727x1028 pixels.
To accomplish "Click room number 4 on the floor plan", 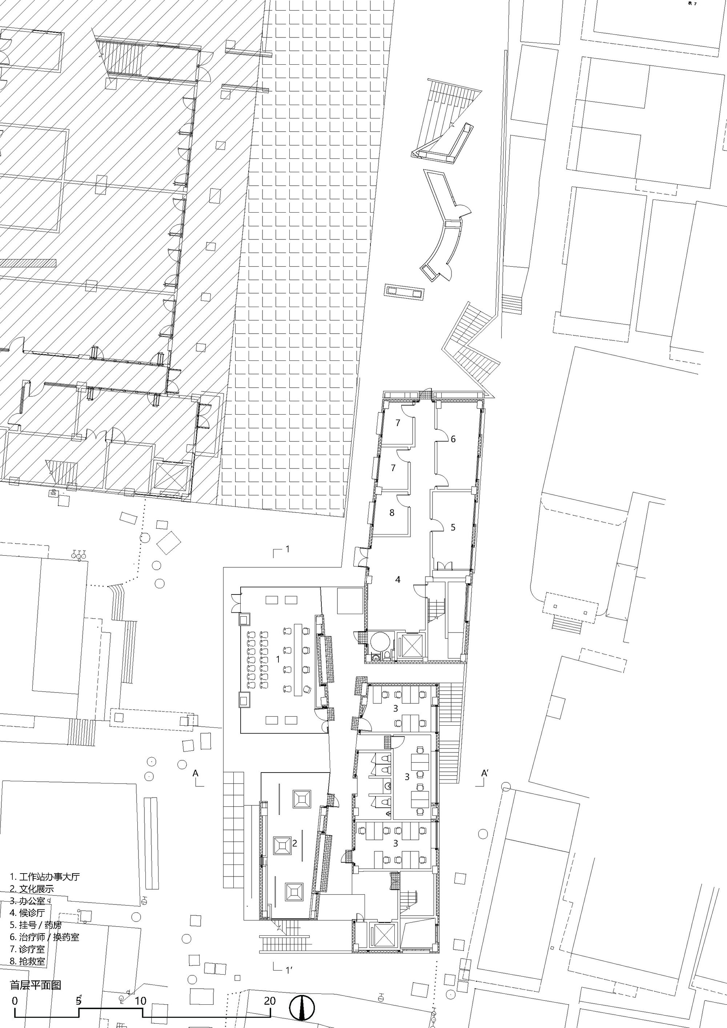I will coord(398,579).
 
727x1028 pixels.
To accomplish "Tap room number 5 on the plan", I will coord(453,527).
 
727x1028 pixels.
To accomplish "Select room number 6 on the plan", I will coord(453,439).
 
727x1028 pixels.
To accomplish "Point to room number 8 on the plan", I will coord(392,513).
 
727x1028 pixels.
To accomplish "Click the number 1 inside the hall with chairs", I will coord(278,660).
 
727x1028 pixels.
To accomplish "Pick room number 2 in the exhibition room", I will coord(295,843).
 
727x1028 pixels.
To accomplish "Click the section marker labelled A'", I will coord(484,773).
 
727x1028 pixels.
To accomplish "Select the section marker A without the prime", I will coord(195,773).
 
